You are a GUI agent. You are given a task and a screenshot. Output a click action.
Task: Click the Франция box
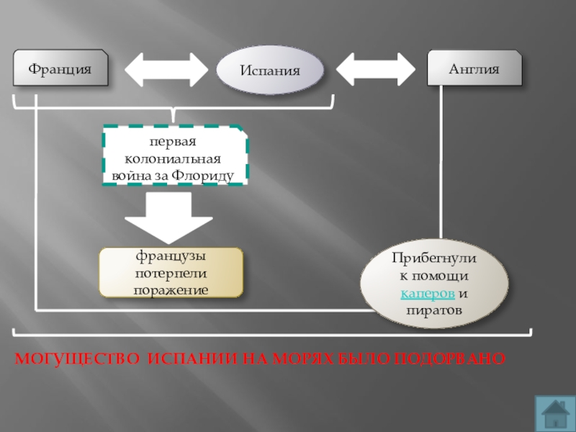click(x=60, y=69)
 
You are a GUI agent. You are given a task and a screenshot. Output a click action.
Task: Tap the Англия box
click(x=474, y=69)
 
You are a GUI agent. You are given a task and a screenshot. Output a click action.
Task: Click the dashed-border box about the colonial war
click(x=175, y=155)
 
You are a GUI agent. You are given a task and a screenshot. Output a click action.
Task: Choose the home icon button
click(x=554, y=412)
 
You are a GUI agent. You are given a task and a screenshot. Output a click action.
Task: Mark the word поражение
click(x=171, y=290)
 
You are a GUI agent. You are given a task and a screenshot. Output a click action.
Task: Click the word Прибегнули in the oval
click(x=435, y=258)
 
